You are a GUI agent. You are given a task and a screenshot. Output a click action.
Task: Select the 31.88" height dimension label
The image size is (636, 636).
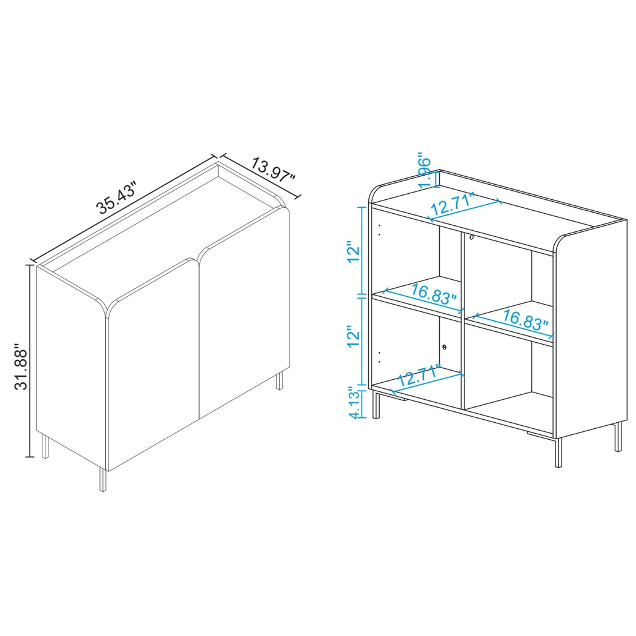click(22, 369)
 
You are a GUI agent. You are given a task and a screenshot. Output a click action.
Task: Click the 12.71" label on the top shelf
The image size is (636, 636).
click(452, 205)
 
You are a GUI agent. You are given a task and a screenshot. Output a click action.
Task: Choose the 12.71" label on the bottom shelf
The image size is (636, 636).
click(420, 377)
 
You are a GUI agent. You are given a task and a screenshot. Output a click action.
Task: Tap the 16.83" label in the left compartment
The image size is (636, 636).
click(433, 296)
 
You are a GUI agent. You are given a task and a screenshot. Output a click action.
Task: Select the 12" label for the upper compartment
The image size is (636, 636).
click(354, 251)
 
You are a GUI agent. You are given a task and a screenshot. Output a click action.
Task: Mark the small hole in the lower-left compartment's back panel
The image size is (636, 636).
click(445, 347)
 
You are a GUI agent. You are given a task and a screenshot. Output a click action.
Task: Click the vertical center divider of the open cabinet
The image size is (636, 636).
click(463, 321)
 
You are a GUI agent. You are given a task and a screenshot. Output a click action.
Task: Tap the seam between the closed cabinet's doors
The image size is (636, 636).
click(199, 339)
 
